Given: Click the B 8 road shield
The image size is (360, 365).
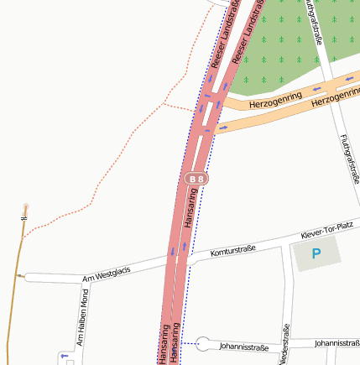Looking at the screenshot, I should pyautogui.click(x=196, y=179).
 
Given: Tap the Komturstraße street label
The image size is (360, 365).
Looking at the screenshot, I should pyautogui.click(x=232, y=251).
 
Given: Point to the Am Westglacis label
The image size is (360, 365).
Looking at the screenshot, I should pyautogui.click(x=107, y=274).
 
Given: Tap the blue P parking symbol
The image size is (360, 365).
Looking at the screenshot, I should pyautogui.click(x=316, y=253).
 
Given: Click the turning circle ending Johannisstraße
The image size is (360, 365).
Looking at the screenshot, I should pyautogui.click(x=202, y=343).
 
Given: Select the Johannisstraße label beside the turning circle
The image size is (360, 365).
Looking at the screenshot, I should pyautogui.click(x=243, y=346).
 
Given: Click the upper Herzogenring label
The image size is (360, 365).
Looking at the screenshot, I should pyautogui.click(x=274, y=102).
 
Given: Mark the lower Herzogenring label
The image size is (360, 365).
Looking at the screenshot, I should pyautogui.click(x=334, y=98).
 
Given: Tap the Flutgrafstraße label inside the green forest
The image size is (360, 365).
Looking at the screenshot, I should pyautogui.click(x=313, y=20).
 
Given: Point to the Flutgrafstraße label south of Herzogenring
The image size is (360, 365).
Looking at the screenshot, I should pyautogui.click(x=351, y=158).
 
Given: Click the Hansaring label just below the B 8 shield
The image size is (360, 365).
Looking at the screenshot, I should pyautogui.click(x=190, y=210).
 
